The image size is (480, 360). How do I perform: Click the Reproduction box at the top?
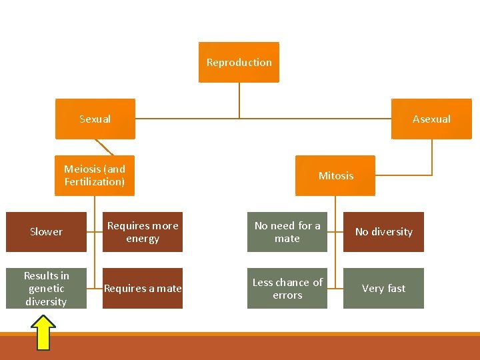(x=239, y=62)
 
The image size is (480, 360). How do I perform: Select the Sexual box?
(x=95, y=119)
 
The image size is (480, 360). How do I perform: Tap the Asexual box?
(x=431, y=119)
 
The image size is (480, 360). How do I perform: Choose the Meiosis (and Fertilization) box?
(x=95, y=175)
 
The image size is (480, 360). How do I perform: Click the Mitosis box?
(x=335, y=175)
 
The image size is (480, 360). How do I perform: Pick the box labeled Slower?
(x=47, y=231)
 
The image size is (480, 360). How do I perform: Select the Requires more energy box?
(x=143, y=231)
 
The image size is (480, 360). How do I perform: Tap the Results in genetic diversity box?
(x=47, y=288)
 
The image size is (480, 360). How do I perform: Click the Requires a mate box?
(x=143, y=288)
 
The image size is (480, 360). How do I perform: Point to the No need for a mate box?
(x=287, y=231)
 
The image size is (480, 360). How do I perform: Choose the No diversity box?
(x=383, y=231)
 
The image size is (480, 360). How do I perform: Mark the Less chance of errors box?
(x=287, y=288)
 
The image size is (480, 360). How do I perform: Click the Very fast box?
(x=383, y=288)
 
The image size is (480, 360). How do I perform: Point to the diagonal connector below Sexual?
(x=105, y=147)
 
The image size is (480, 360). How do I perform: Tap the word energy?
(x=143, y=239)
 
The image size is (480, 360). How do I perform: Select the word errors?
(x=287, y=295)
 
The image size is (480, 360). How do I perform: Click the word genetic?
(x=47, y=289)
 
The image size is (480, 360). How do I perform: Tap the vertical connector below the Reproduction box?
(x=239, y=100)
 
